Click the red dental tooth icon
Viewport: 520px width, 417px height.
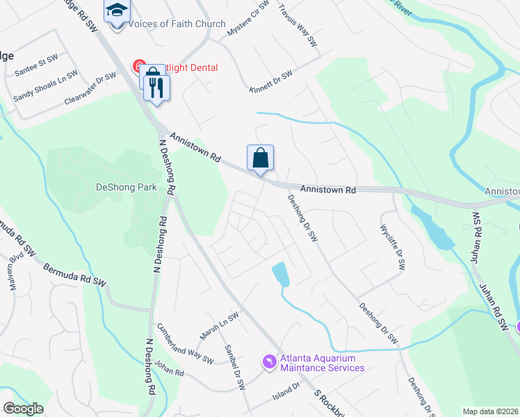[x=138, y=67]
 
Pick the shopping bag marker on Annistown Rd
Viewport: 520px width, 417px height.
[x=260, y=158]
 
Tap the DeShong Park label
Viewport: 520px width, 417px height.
[x=127, y=187]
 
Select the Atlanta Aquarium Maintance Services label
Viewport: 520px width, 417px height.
[x=322, y=363]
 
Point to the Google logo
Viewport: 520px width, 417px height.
[x=24, y=409]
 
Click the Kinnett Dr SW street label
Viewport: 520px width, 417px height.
[x=271, y=81]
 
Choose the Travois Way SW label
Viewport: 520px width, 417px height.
[x=298, y=26]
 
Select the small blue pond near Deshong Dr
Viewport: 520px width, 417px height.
[x=280, y=274]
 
